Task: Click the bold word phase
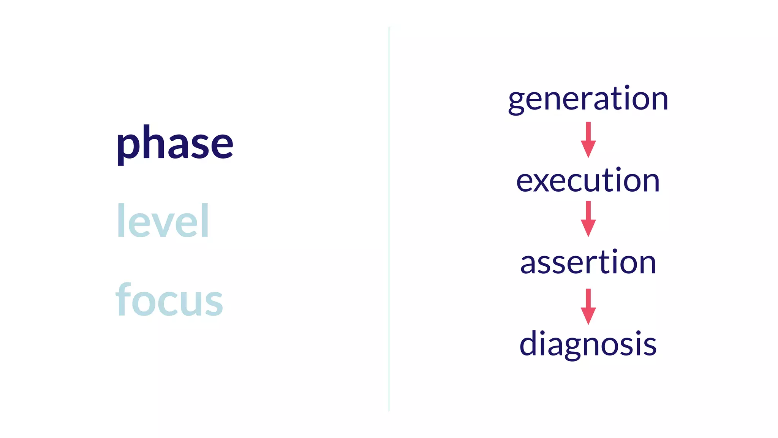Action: (174, 144)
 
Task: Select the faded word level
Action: (163, 221)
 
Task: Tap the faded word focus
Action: (169, 300)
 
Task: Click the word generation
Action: (588, 99)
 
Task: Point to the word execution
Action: (588, 181)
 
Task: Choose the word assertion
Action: (588, 262)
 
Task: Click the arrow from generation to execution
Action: (588, 139)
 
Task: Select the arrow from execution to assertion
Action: (588, 219)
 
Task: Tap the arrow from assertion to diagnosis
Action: (588, 306)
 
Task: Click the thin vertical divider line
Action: (389, 219)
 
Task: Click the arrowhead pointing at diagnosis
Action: (588, 316)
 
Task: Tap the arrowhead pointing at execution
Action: (588, 149)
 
